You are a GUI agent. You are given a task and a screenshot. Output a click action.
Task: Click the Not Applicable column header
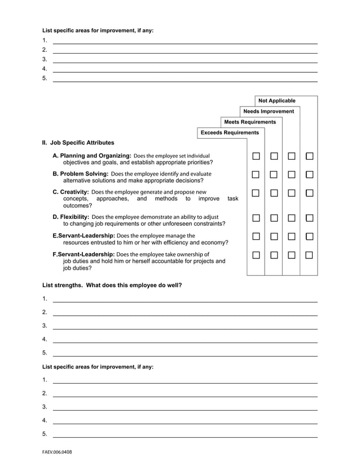(276, 101)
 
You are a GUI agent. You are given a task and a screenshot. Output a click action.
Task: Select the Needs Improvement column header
(269, 112)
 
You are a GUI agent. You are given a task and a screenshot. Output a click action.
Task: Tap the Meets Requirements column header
(250, 122)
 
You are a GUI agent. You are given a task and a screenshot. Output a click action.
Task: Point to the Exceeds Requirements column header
(230, 133)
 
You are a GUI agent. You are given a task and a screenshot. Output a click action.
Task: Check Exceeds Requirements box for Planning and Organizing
(256, 156)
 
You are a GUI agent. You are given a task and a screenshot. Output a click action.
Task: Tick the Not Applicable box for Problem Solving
(309, 174)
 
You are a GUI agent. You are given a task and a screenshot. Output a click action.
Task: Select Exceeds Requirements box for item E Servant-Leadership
(256, 236)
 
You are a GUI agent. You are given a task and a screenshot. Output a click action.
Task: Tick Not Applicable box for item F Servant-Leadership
(309, 255)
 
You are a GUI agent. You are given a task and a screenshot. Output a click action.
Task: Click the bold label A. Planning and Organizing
(91, 156)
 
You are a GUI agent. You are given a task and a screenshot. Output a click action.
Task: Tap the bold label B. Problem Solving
(80, 174)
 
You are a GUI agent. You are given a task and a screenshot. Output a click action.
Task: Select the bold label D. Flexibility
(71, 217)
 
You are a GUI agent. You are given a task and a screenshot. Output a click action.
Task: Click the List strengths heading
(112, 285)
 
